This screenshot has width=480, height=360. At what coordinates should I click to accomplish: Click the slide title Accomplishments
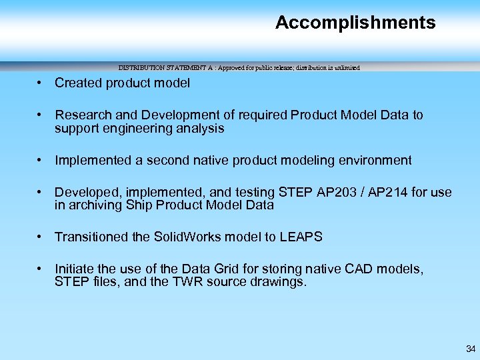(x=355, y=23)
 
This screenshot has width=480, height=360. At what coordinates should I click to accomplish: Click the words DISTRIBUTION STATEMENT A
(x=159, y=68)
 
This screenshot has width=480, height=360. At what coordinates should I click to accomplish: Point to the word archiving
(x=95, y=205)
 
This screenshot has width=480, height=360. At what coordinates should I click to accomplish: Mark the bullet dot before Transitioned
(x=41, y=237)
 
